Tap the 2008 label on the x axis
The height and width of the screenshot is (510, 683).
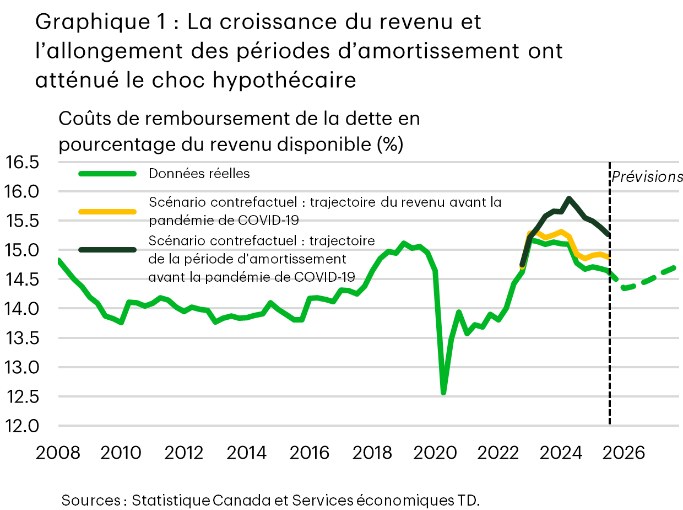[58, 453]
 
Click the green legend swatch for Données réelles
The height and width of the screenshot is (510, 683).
[107, 174]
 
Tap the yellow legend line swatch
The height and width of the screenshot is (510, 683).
[107, 211]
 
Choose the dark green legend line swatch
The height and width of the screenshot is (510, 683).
[107, 250]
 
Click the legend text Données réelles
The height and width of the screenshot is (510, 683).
[199, 174]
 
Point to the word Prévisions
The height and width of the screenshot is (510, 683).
[647, 177]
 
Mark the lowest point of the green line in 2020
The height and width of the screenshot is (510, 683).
[443, 393]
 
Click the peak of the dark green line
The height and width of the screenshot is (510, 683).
[569, 198]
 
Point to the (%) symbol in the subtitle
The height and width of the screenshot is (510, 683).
[390, 144]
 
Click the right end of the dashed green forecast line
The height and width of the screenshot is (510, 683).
[675, 268]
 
